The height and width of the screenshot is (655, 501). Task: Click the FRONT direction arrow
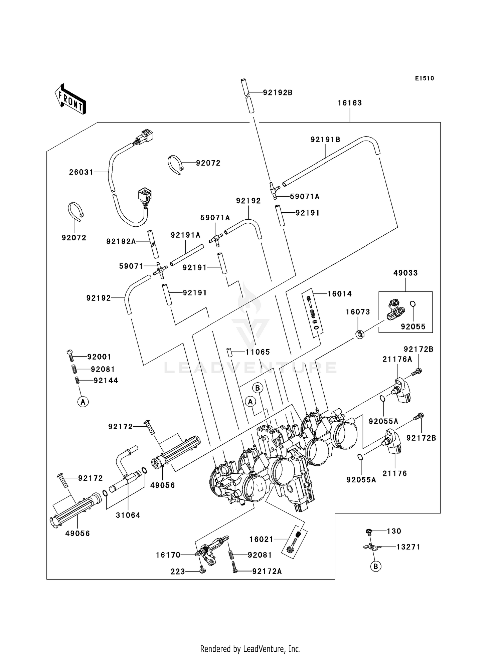click(70, 99)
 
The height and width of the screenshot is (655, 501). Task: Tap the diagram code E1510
click(425, 78)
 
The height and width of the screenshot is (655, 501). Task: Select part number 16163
click(350, 103)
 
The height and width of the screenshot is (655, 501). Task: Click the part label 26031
click(81, 172)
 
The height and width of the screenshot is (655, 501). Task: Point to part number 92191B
click(325, 140)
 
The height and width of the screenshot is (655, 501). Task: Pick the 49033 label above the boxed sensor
click(405, 273)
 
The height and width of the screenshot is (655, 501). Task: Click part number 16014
click(339, 294)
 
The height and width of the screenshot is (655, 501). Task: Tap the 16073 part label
click(358, 312)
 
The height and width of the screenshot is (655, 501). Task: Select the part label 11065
click(258, 352)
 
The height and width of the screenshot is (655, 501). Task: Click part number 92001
click(99, 357)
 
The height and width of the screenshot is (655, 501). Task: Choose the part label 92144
click(106, 381)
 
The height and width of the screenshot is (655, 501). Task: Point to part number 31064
click(128, 515)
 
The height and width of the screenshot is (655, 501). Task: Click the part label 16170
click(168, 555)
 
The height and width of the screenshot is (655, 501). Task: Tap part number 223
click(178, 572)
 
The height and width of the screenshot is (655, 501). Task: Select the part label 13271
click(408, 547)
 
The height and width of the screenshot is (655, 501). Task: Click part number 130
click(394, 531)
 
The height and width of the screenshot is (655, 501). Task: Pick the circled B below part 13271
click(376, 567)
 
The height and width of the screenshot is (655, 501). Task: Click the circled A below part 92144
click(83, 402)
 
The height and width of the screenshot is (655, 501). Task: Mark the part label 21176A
click(397, 359)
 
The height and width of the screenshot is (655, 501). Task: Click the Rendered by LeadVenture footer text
click(250, 649)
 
